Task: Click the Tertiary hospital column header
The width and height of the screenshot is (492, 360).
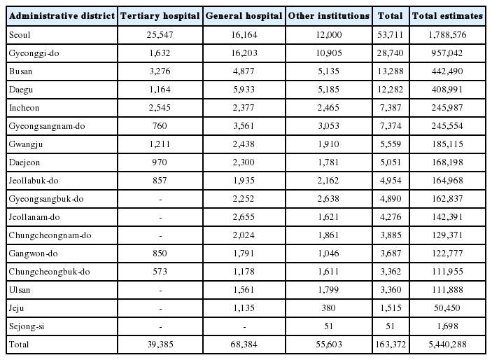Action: tap(160, 15)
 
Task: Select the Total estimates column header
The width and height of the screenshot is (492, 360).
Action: tap(447, 15)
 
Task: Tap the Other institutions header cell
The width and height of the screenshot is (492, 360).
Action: tap(329, 15)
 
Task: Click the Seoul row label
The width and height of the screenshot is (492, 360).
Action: tap(20, 34)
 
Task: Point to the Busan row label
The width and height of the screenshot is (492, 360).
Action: tap(21, 71)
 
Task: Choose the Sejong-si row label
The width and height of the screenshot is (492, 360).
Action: tap(27, 326)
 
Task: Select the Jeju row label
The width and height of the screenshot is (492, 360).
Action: tap(16, 308)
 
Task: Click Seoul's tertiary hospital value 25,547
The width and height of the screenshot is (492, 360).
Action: tap(160, 34)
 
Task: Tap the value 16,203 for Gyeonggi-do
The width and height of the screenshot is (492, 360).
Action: tap(244, 53)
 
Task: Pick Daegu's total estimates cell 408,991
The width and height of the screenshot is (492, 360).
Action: tap(447, 90)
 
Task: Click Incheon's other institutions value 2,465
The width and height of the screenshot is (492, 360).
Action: tap(328, 108)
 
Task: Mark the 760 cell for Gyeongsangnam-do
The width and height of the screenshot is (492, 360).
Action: tap(160, 126)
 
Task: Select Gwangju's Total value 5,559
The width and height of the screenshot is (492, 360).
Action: tap(391, 144)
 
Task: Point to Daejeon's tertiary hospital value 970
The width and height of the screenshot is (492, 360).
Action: tap(160, 162)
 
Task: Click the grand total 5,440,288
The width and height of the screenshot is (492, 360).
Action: tap(447, 345)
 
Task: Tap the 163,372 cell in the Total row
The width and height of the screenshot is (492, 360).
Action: tap(391, 345)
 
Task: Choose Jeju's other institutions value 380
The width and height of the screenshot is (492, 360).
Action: tap(328, 308)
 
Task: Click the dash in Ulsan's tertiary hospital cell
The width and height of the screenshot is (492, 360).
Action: tap(161, 291)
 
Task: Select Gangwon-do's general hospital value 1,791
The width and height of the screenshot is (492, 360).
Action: tap(244, 254)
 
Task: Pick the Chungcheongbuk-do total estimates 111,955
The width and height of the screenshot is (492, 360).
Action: tap(447, 272)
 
